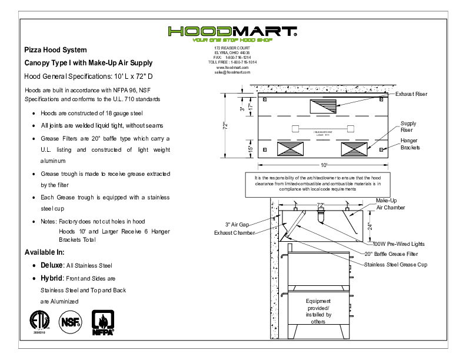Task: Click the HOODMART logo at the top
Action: coord(232,32)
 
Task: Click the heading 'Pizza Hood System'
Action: coord(55,51)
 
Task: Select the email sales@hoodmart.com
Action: coord(232,72)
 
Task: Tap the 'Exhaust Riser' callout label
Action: coord(411,94)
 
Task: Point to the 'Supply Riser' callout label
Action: coord(408,126)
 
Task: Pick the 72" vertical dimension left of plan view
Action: coord(225,126)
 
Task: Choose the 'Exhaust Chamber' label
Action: coord(234,233)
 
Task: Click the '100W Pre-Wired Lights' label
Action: coord(396,244)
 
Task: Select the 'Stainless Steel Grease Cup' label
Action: coord(395,265)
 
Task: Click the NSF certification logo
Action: coord(70,321)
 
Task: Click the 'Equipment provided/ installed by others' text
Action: coord(318,311)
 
